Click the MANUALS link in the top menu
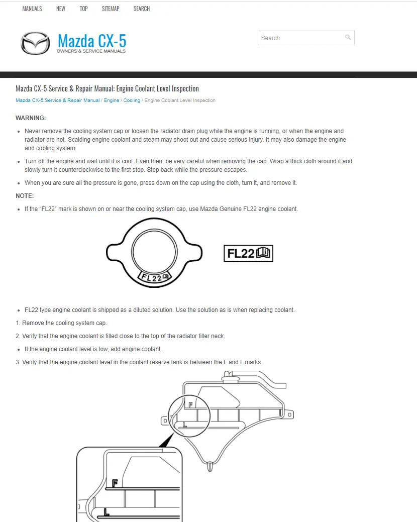point(32,9)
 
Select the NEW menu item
point(61,9)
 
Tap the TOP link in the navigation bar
point(83,9)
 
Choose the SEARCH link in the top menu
point(142,9)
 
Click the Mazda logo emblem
point(35,43)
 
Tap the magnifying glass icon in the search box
point(348,38)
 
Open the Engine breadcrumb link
point(112,100)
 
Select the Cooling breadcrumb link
point(132,100)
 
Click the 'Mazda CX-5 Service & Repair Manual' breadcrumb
point(57,100)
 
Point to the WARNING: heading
point(31,118)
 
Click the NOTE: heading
point(25,196)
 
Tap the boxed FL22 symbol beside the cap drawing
point(248,253)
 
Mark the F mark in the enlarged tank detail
point(115,483)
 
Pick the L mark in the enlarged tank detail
point(107,512)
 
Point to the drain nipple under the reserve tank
point(209,467)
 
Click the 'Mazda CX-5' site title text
point(91,40)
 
